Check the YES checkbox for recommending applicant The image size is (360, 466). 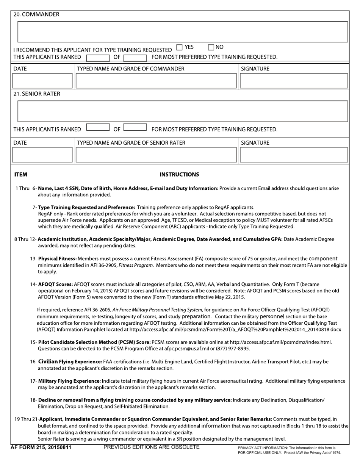pyautogui.click(x=179, y=47)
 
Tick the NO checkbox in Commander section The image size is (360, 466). pyautogui.click(x=211, y=47)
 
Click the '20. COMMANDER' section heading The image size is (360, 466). pyautogui.click(x=36, y=14)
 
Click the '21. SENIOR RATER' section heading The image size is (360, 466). pyautogui.click(x=37, y=94)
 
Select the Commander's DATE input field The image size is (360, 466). pyautogui.click(x=42, y=81)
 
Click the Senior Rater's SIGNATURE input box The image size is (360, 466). pyautogui.click(x=294, y=155)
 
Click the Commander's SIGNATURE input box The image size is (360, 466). pyautogui.click(x=294, y=81)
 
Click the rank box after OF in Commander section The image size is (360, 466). pyautogui.click(x=135, y=58)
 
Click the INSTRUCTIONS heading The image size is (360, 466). pyautogui.click(x=179, y=175)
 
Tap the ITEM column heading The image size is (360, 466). pyautogui.click(x=21, y=175)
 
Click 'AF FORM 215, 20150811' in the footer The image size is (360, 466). pyautogui.click(x=42, y=447)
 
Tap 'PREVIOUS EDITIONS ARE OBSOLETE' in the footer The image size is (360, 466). pyautogui.click(x=152, y=447)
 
